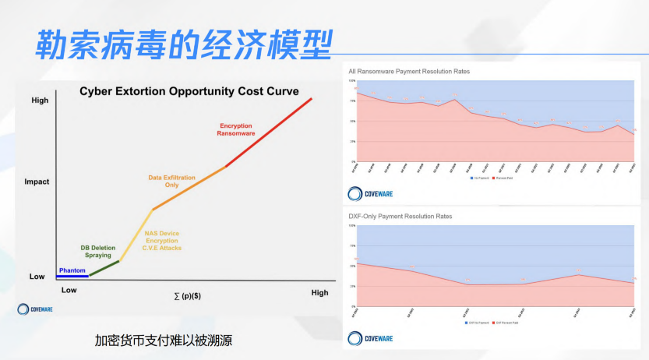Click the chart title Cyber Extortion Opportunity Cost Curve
[189, 91]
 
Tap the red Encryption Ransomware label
[237, 129]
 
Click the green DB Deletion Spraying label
[97, 251]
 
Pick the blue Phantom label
[72, 270]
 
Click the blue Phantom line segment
[72, 276]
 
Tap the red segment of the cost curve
[269, 132]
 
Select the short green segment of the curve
[104, 268]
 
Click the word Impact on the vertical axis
[37, 182]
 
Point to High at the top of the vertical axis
[39, 101]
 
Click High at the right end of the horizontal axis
[319, 293]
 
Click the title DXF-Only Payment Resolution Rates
[400, 216]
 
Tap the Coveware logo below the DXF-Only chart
[370, 337]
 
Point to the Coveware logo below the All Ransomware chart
[370, 193]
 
